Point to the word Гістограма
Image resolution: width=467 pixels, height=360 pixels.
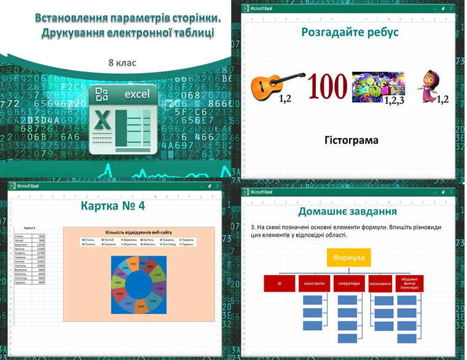tap(351, 141)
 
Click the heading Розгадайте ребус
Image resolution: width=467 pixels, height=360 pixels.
tap(350, 32)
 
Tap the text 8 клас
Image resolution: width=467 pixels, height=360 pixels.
tap(122, 63)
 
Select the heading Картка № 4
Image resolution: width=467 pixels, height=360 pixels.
tap(113, 206)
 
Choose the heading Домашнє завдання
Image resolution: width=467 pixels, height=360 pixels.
tap(347, 212)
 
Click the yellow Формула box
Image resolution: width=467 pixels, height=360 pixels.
tap(348, 257)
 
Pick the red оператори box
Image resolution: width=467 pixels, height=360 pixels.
tap(348, 284)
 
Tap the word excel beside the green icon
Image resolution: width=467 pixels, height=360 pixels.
tap(137, 95)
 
